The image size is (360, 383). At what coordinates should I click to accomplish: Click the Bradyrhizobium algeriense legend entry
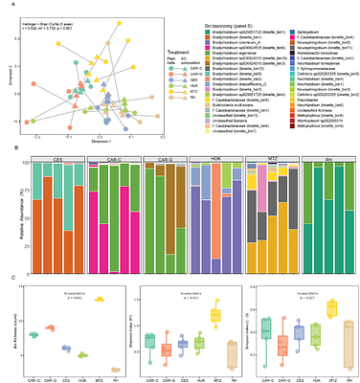pos(240,53)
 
